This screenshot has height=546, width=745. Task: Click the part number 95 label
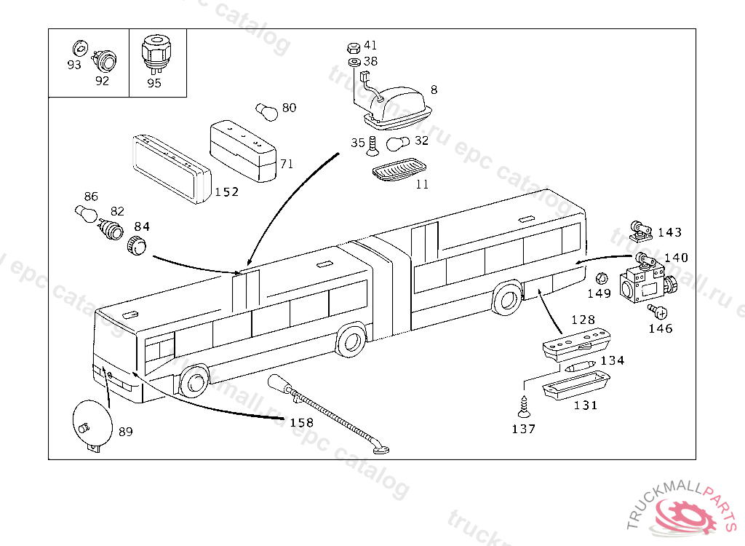154,83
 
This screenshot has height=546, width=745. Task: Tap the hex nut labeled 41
353,48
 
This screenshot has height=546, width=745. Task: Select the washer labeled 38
354,63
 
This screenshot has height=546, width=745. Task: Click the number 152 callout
227,191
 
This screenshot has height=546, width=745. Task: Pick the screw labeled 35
372,146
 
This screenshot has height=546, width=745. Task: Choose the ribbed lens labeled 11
399,170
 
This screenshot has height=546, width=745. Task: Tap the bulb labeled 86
86,213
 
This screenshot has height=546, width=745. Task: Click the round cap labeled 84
136,245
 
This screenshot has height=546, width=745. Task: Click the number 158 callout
302,422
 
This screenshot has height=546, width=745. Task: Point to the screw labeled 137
524,407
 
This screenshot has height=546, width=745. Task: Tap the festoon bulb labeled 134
580,366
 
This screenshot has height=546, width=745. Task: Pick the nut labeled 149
602,279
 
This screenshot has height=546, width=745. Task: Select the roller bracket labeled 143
640,231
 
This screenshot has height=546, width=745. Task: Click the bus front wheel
194,383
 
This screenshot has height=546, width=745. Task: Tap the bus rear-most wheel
507,299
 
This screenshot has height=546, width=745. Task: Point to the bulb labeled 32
398,143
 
